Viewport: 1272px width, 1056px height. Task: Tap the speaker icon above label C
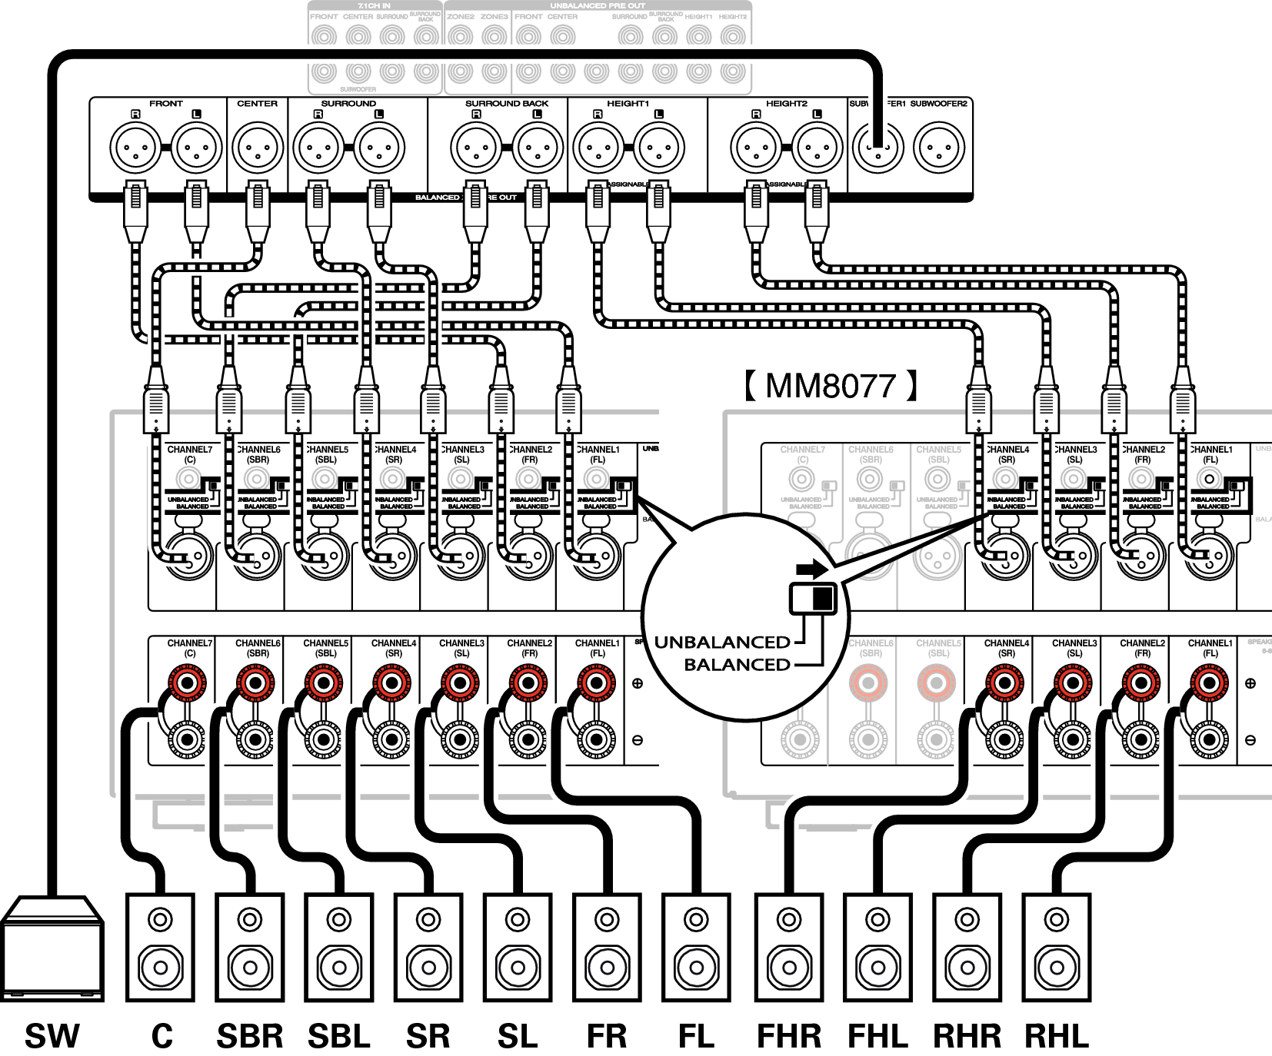coord(160,947)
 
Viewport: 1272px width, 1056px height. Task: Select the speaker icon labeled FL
coord(696,947)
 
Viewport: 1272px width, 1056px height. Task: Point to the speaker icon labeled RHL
coord(1056,947)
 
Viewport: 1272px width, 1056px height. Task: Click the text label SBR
coord(249,1036)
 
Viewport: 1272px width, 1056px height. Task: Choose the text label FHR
coord(789,1036)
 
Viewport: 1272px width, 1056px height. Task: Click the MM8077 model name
coord(831,386)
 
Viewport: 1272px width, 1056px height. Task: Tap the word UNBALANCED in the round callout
coord(722,643)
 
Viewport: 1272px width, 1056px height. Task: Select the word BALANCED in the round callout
coord(737,665)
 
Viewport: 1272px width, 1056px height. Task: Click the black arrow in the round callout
coord(812,570)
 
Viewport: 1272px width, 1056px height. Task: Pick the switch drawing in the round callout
coord(812,598)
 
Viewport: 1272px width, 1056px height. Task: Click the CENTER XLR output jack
coord(258,148)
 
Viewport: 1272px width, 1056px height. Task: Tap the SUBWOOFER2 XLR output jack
coord(938,148)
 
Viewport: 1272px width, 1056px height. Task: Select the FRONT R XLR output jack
coord(135,148)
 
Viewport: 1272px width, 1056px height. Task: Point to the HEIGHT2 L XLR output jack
coord(817,148)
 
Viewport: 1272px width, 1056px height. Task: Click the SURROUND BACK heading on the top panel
coord(507,104)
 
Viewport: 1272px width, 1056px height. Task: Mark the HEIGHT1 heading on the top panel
coord(628,104)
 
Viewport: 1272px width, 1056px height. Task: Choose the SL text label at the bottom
coord(517,1036)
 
